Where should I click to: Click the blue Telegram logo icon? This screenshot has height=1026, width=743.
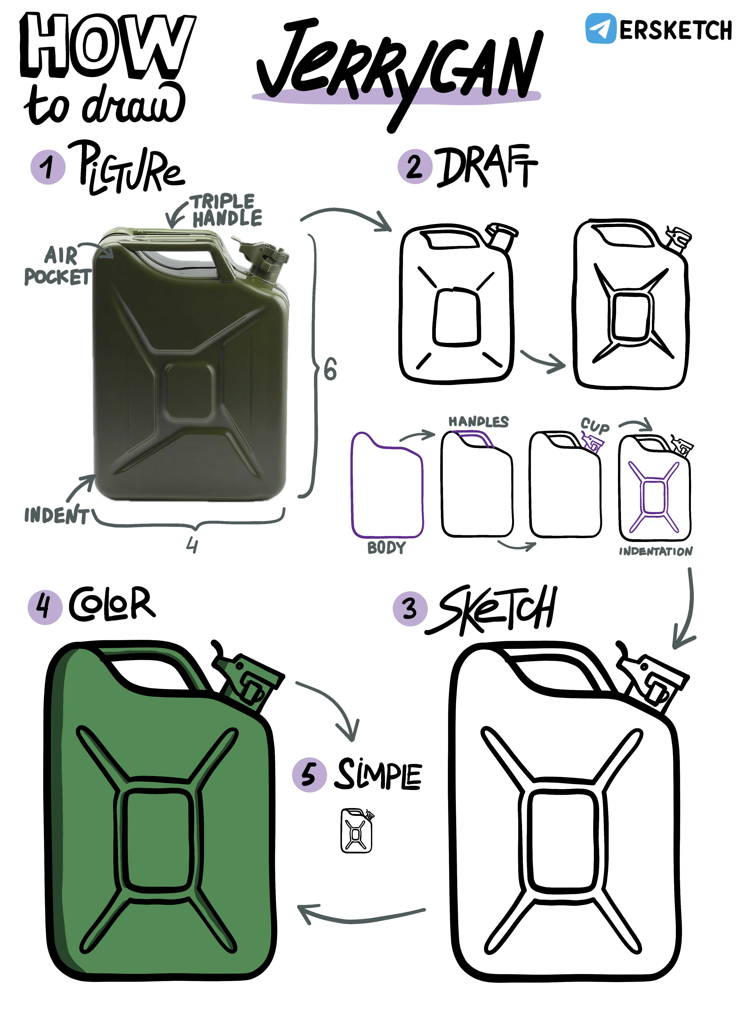(x=601, y=28)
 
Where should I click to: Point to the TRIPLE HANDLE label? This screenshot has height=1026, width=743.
(x=224, y=210)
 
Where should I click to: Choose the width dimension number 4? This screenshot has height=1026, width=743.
(x=192, y=546)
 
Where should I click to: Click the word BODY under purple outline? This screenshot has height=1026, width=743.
(x=386, y=548)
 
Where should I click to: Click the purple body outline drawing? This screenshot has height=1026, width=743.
(x=352, y=484)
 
